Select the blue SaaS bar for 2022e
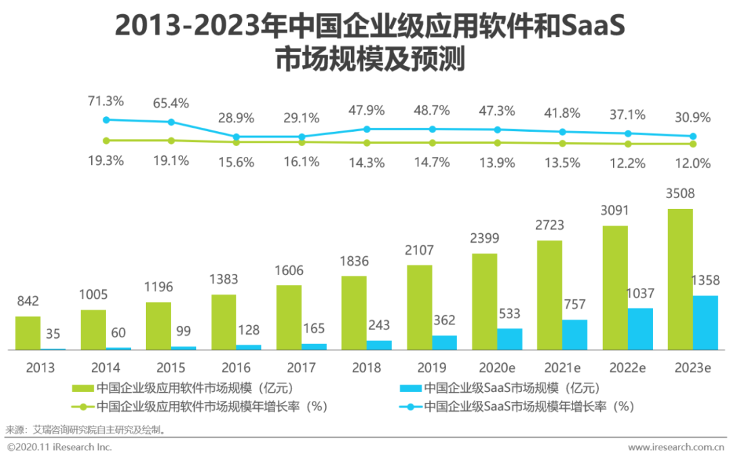(640, 329)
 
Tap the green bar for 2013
(28, 333)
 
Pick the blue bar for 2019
(444, 342)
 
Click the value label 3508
(680, 194)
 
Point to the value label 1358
(706, 280)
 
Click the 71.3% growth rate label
(105, 101)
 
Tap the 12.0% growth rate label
(692, 163)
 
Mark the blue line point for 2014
(171, 122)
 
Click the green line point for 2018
(367, 143)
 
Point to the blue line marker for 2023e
(693, 137)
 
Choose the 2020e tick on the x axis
(497, 368)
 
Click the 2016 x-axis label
(236, 368)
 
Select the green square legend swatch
(82, 388)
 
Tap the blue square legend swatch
(410, 388)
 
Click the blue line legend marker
(410, 406)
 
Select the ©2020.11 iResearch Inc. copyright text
(59, 447)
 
